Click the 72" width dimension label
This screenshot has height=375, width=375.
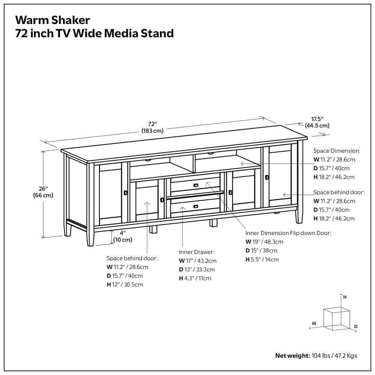pyautogui.click(x=152, y=127)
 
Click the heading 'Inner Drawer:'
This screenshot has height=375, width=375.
pyautogui.click(x=196, y=252)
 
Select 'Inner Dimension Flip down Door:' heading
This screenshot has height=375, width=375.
pyautogui.click(x=288, y=233)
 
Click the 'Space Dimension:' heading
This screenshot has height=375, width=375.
pyautogui.click(x=336, y=151)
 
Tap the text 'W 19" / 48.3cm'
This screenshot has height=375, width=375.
pyautogui.click(x=264, y=242)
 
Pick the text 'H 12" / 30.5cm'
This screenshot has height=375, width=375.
pyautogui.click(x=125, y=285)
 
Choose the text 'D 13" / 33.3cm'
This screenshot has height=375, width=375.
pyautogui.click(x=197, y=270)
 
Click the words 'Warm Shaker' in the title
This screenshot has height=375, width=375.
pyautogui.click(x=52, y=19)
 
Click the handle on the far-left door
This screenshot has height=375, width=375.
pyautogui.click(x=125, y=192)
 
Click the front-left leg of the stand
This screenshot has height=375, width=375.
pyautogui.click(x=90, y=237)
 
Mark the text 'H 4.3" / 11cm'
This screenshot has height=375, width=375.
pyautogui.click(x=195, y=278)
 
